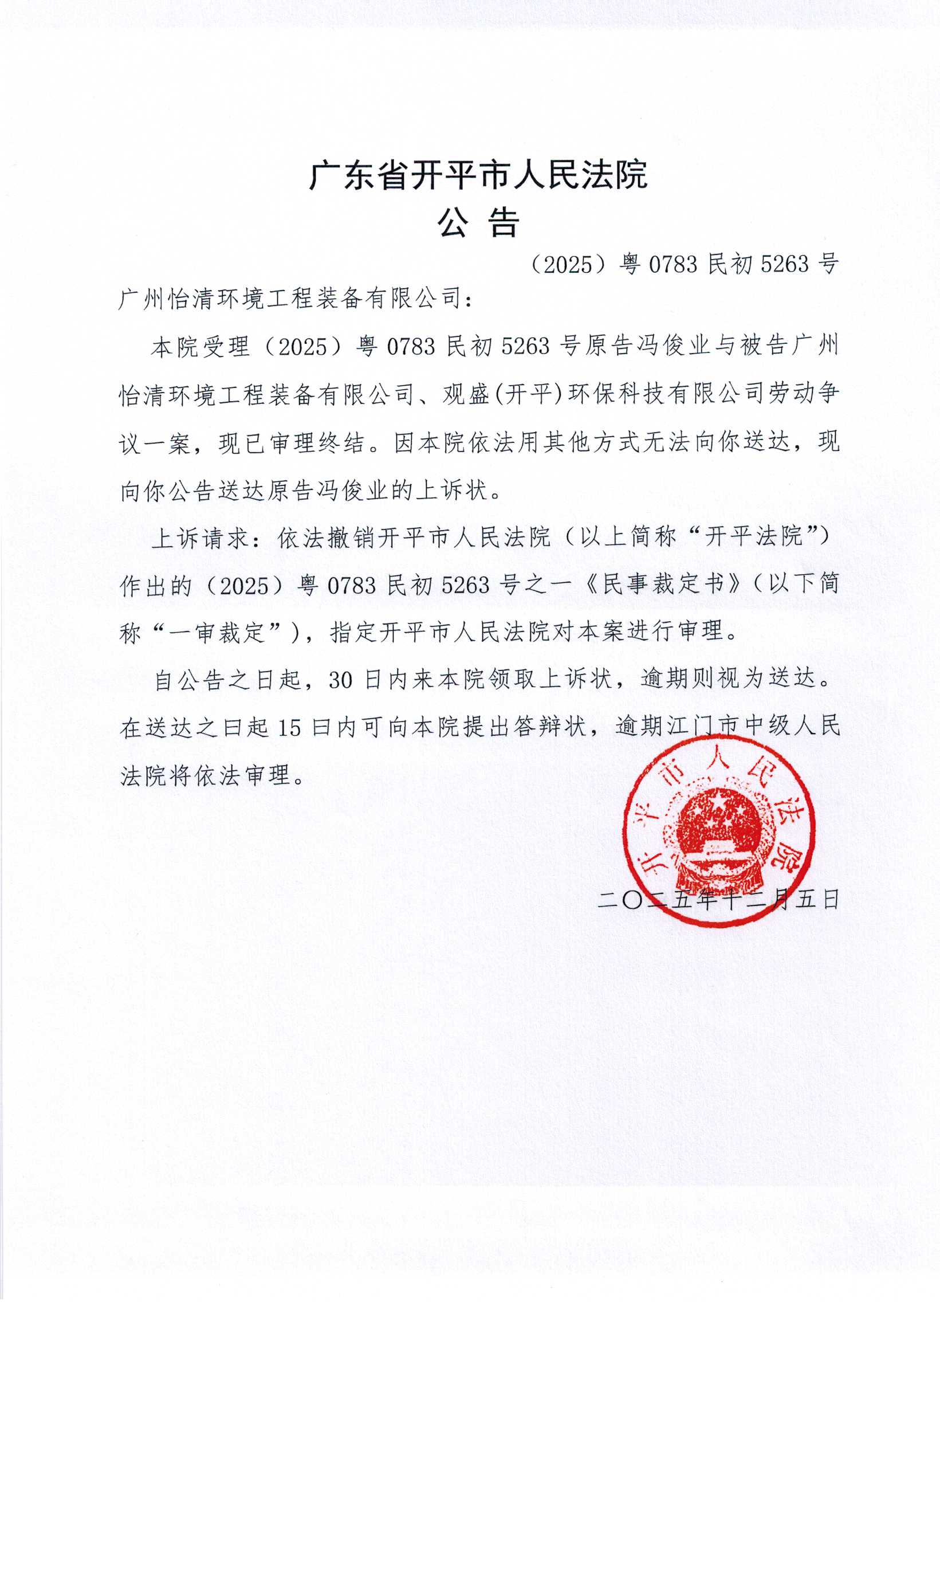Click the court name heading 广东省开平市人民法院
pyautogui.click(x=478, y=175)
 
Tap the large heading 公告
pyautogui.click(x=478, y=223)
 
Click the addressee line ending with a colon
pyautogui.click(x=295, y=299)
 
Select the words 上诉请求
pyautogui.click(x=201, y=538)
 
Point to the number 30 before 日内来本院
pyautogui.click(x=340, y=680)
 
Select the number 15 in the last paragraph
pyautogui.click(x=289, y=727)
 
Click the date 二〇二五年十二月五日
pyautogui.click(x=718, y=900)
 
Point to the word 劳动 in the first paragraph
pyautogui.click(x=792, y=394)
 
